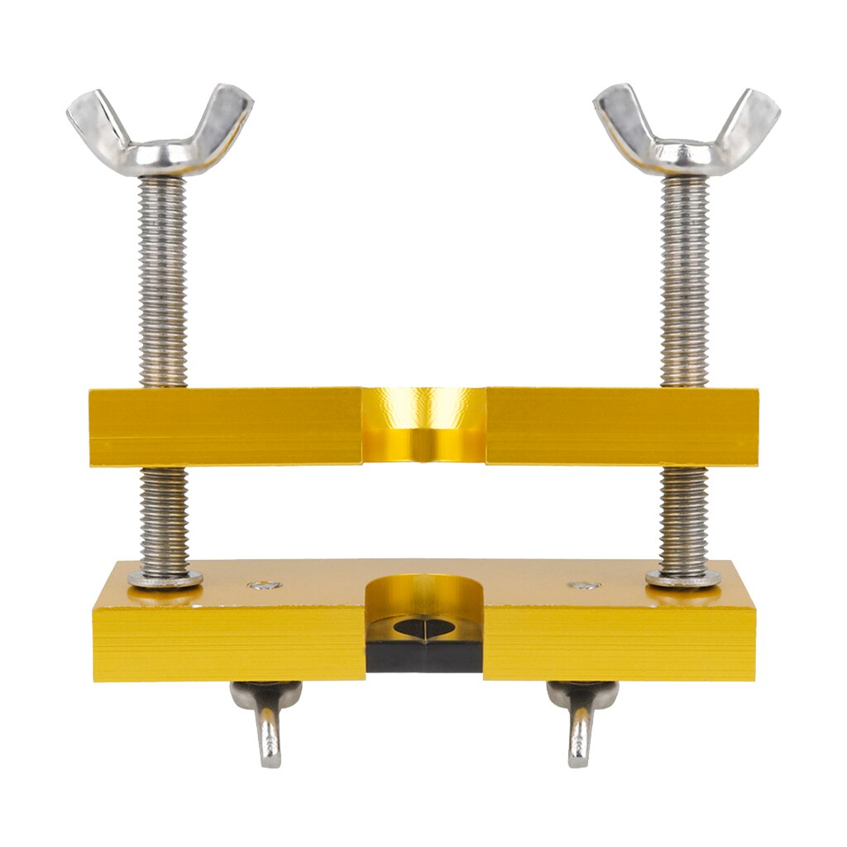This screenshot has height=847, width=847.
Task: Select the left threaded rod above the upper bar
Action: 162,281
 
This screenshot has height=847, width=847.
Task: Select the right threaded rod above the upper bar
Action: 685,281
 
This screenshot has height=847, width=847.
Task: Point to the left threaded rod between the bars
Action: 163,517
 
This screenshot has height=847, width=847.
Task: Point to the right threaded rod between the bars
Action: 684,517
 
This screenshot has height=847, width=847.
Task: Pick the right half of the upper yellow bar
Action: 620,426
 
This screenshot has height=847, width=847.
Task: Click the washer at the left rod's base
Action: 165,578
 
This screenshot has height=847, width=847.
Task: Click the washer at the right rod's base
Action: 683,578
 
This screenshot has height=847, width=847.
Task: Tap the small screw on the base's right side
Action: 584,586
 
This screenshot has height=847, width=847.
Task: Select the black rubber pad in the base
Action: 423,653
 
